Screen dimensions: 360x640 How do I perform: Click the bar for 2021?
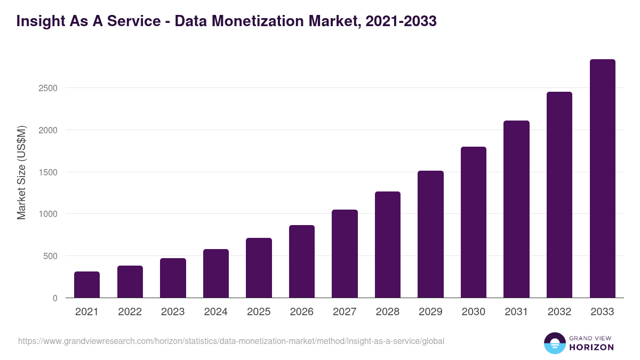click(x=87, y=285)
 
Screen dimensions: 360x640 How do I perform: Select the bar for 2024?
click(x=216, y=274)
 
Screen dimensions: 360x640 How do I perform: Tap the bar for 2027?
click(x=345, y=254)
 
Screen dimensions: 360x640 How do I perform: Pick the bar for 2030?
click(x=474, y=222)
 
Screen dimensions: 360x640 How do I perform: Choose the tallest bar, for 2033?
click(x=602, y=179)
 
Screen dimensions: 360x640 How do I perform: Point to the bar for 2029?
click(x=430, y=234)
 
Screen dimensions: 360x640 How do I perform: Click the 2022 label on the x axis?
click(x=130, y=312)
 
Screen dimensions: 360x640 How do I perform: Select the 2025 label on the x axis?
click(x=259, y=312)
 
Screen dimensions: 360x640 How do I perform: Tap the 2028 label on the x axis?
click(x=388, y=312)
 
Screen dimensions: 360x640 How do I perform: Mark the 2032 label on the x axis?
click(x=559, y=312)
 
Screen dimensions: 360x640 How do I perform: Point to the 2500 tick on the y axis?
click(x=48, y=88)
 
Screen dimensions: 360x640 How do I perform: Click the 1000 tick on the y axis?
click(x=48, y=214)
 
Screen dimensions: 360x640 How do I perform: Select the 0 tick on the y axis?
click(x=55, y=298)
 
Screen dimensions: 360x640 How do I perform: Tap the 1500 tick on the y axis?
click(x=48, y=172)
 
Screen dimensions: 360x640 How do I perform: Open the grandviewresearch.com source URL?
click(x=231, y=341)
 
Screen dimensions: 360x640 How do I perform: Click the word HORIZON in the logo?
click(x=591, y=347)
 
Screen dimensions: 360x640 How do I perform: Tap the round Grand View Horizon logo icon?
click(x=555, y=343)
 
